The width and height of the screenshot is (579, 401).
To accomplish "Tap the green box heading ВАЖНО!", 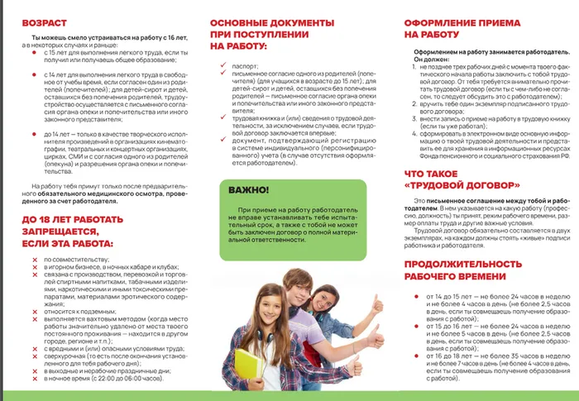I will [251, 192].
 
